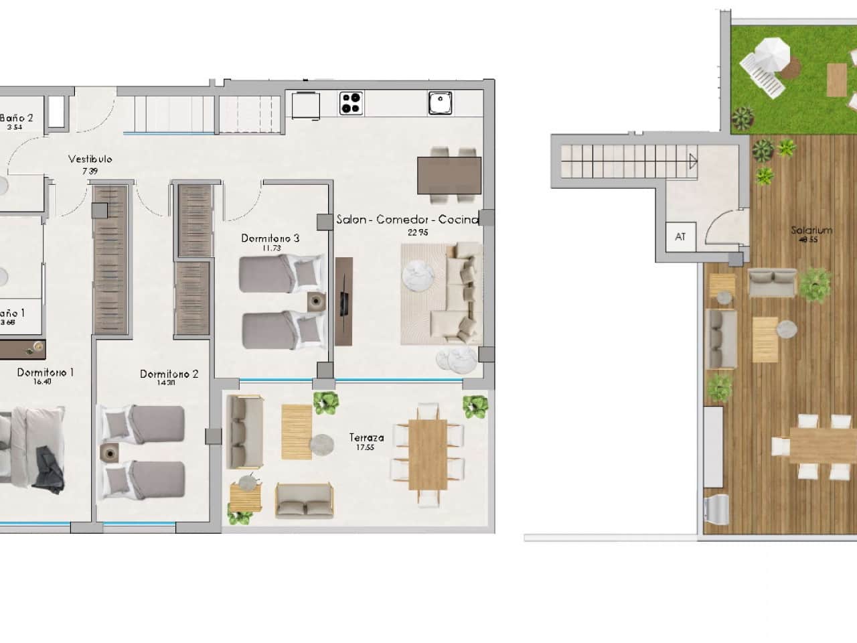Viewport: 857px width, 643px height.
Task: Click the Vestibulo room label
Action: pos(90,159)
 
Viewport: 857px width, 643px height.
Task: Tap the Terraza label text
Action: pos(366,437)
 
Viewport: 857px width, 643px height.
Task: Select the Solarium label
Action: pos(811,230)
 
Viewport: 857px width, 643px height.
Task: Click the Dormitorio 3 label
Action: pos(270,238)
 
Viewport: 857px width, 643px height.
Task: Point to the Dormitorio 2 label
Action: pos(169,374)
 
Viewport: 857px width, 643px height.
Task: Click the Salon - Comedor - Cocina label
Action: pos(407,220)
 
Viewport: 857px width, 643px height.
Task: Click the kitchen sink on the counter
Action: pos(441,104)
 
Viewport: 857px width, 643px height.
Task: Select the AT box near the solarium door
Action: pos(680,236)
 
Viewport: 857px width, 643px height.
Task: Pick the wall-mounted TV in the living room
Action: pos(343,301)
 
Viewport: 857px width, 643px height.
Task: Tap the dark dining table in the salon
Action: pos(449,175)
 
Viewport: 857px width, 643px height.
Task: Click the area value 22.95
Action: pos(417,232)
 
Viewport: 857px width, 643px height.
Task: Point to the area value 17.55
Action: pos(366,448)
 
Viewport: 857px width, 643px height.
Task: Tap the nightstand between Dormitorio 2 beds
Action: pos(108,453)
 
